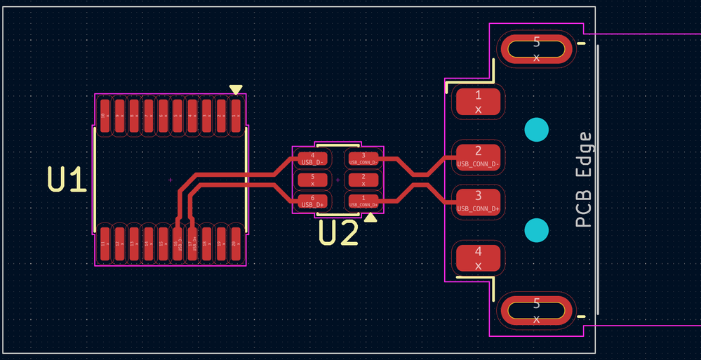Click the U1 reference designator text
pyautogui.click(x=67, y=180)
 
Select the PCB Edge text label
pyautogui.click(x=584, y=180)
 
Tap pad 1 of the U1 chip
pyautogui.click(x=236, y=116)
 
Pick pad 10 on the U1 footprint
pyautogui.click(x=104, y=116)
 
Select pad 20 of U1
pyautogui.click(x=236, y=242)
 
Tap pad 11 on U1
pyautogui.click(x=104, y=242)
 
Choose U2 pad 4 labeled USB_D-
pyautogui.click(x=312, y=159)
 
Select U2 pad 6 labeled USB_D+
pyautogui.click(x=312, y=201)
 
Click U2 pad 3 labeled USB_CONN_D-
pyautogui.click(x=363, y=159)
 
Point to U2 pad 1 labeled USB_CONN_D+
pyautogui.click(x=363, y=201)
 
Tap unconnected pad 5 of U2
pyautogui.click(x=312, y=180)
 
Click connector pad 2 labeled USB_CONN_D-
pyautogui.click(x=479, y=156)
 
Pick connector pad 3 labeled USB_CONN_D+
pyautogui.click(x=479, y=200)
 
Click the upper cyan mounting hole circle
pyautogui.click(x=537, y=130)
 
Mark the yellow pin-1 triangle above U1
pyautogui.click(x=236, y=89)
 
